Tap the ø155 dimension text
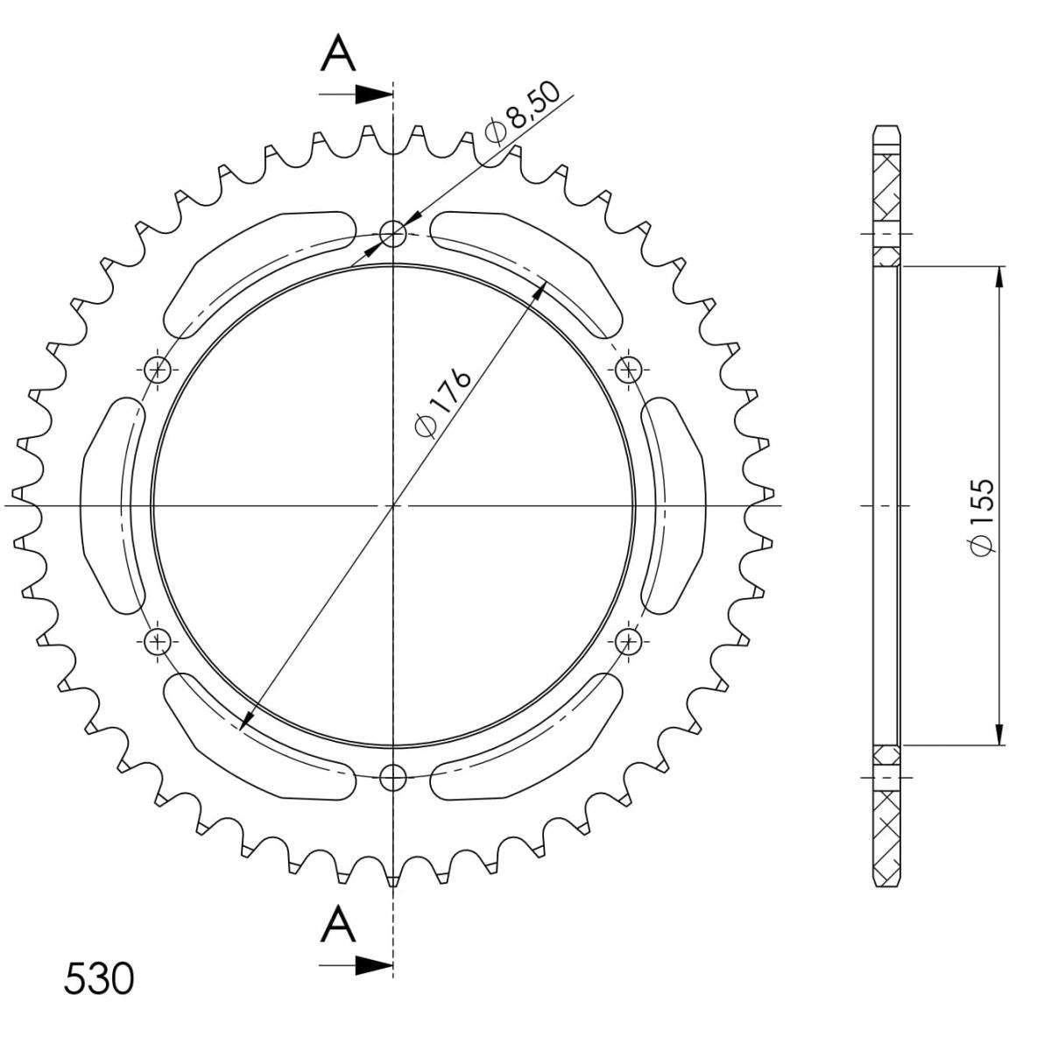pos(983,517)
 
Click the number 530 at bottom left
pos(99,979)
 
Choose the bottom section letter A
pos(337,922)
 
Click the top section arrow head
pos(374,95)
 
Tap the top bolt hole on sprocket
pos(392,234)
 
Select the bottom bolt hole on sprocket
pos(392,777)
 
